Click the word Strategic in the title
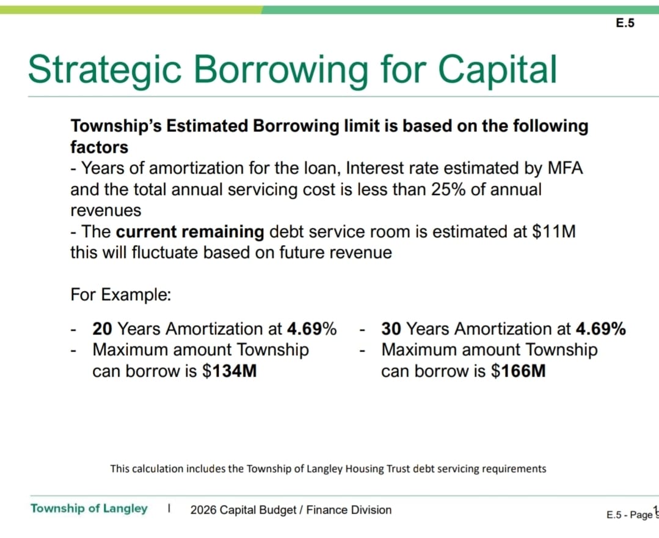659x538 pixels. (x=103, y=69)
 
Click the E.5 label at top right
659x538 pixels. (x=625, y=23)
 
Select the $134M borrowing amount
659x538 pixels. (x=228, y=371)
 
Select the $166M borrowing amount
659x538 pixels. (x=518, y=371)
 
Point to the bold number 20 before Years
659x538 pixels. (x=103, y=329)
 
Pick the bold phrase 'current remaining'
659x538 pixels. (x=189, y=232)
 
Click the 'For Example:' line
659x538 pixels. (x=120, y=295)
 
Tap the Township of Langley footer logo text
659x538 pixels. (x=89, y=509)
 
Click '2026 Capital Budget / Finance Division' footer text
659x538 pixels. (x=291, y=510)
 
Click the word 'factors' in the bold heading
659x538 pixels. (x=99, y=147)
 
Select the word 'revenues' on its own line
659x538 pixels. (x=106, y=210)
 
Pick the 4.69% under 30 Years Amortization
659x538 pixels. (x=600, y=329)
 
